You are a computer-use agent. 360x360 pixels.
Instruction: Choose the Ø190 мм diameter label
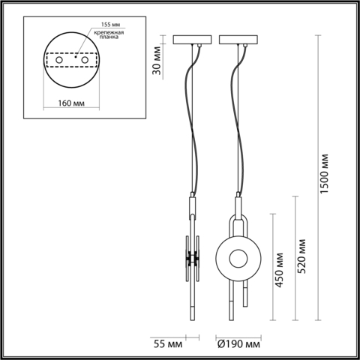point(238,343)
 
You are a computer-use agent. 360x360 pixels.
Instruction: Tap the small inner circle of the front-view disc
point(238,259)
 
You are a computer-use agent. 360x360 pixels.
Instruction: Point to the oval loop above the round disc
point(238,226)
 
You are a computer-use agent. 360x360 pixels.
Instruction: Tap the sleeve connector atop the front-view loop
point(238,204)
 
